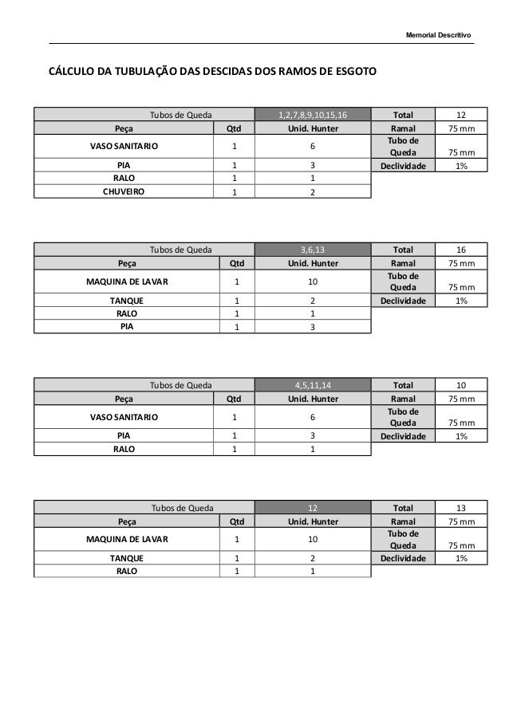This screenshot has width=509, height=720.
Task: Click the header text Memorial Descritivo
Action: [439, 36]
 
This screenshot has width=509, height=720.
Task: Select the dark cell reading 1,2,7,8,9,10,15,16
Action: [313, 114]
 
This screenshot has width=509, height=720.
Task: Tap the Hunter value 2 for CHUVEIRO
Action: [313, 191]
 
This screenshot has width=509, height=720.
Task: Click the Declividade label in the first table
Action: [403, 165]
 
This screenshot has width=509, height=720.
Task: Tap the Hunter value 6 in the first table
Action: [313, 146]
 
